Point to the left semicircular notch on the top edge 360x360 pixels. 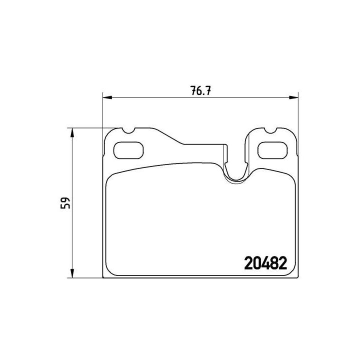tap(127, 131)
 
